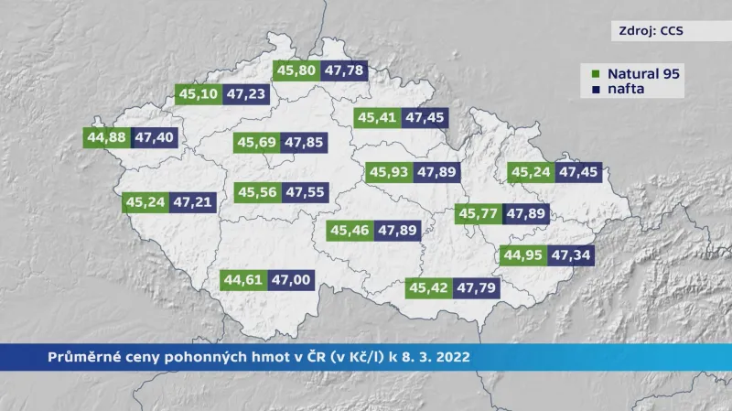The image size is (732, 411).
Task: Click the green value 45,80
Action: (x=296, y=70)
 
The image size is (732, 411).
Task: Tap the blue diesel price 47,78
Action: (x=344, y=70)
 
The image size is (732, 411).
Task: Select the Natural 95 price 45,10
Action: (x=199, y=93)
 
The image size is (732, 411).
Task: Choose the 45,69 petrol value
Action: (x=256, y=143)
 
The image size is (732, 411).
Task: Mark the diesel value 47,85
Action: (x=304, y=143)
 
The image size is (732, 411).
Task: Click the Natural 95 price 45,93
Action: (x=388, y=172)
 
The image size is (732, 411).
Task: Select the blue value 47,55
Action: (x=304, y=192)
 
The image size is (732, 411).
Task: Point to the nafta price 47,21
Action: (x=192, y=201)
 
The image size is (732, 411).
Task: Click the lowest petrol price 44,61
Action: (x=244, y=280)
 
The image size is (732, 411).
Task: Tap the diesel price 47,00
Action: (x=292, y=280)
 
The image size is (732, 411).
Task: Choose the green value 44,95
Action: (x=524, y=254)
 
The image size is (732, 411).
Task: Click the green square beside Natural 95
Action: (x=596, y=73)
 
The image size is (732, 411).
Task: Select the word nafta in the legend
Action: (x=622, y=90)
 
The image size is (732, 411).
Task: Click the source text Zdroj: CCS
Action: (x=647, y=30)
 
